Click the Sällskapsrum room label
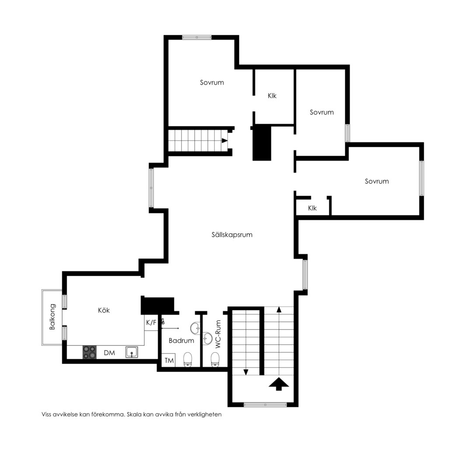pyautogui.click(x=232, y=235)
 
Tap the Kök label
pyautogui.click(x=104, y=310)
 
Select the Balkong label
pyautogui.click(x=52, y=317)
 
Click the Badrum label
pyautogui.click(x=181, y=340)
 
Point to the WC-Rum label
pyautogui.click(x=218, y=334)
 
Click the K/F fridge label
pyautogui.click(x=151, y=323)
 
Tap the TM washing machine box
pyautogui.click(x=169, y=360)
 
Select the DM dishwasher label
pyautogui.click(x=109, y=353)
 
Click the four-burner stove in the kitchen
pyautogui.click(x=90, y=352)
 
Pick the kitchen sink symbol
pyautogui.click(x=132, y=352)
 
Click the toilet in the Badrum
pyautogui.click(x=188, y=359)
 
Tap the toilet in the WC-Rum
pyautogui.click(x=215, y=359)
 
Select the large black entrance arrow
pyautogui.click(x=279, y=384)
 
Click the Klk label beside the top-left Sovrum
pyautogui.click(x=272, y=96)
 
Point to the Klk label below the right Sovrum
pyautogui.click(x=312, y=208)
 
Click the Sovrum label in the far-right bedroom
pyautogui.click(x=377, y=181)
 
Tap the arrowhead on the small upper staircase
pyautogui.click(x=225, y=140)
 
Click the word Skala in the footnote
pyautogui.click(x=134, y=414)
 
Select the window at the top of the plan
pyautogui.click(x=197, y=37)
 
